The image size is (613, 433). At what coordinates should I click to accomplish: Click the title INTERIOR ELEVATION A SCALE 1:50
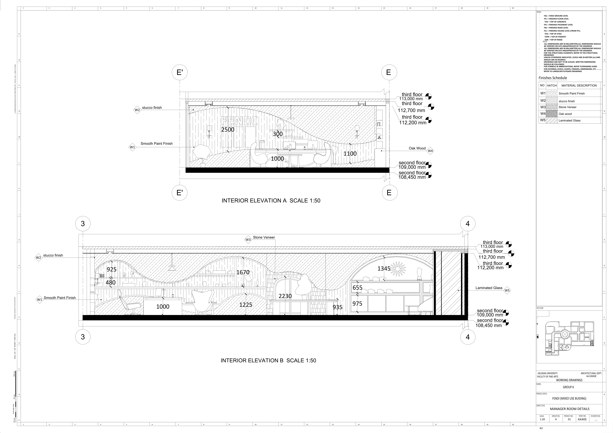click(271, 201)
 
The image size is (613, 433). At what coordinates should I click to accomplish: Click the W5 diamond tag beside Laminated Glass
click(507, 291)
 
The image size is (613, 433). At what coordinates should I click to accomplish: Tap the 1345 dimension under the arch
click(384, 269)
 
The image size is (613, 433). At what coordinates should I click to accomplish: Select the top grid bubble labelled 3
click(83, 224)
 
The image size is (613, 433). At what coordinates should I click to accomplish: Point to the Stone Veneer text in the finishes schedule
click(567, 107)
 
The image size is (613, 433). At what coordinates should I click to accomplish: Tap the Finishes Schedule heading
click(553, 78)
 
